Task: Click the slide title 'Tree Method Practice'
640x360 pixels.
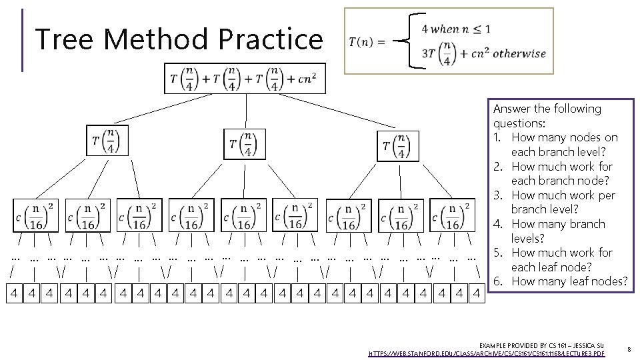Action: [178, 39]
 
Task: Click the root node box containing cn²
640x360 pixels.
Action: [245, 79]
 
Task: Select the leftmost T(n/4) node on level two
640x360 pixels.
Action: [107, 141]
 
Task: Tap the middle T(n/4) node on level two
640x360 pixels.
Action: [244, 145]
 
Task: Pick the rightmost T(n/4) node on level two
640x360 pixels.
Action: [398, 146]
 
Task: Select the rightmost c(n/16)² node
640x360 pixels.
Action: [452, 215]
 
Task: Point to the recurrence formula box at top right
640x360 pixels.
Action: [449, 41]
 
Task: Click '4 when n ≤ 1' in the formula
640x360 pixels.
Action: [456, 29]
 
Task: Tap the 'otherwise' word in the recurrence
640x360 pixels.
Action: [519, 54]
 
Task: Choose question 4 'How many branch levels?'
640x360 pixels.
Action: [558, 231]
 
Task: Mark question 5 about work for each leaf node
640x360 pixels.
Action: [561, 260]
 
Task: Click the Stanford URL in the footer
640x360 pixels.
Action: [487, 352]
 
